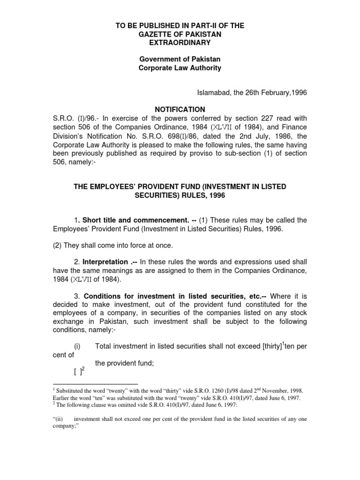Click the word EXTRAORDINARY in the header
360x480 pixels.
point(180,43)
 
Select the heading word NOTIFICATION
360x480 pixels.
point(180,109)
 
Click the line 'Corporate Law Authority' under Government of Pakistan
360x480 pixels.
point(180,68)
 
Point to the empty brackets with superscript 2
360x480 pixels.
point(78,372)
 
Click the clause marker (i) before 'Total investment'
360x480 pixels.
point(77,346)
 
